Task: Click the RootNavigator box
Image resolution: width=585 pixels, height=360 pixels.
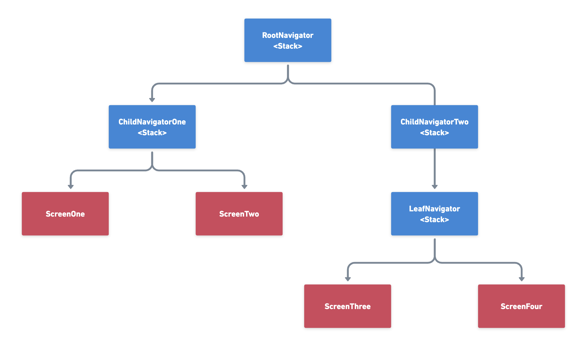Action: [288, 40]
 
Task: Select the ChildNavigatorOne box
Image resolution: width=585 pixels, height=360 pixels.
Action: [152, 127]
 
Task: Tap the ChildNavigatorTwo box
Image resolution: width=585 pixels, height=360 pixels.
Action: [434, 127]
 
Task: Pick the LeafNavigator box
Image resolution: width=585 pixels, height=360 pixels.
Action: [434, 214]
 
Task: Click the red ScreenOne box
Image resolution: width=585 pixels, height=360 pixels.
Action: [65, 214]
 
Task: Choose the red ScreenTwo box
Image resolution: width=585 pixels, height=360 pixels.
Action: [239, 214]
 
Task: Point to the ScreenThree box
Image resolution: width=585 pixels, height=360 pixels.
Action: [347, 306]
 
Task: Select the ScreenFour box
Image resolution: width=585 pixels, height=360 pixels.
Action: [521, 306]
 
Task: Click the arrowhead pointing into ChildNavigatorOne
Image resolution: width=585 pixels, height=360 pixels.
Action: [152, 100]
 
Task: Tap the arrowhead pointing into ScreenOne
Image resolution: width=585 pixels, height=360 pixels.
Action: [71, 187]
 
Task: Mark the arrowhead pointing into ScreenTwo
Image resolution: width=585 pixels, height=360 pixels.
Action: [244, 187]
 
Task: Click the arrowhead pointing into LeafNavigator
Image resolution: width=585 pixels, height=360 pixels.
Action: [434, 187]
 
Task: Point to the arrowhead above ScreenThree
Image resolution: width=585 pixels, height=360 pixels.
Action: [348, 279]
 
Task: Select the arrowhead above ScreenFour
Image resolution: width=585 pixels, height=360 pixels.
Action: [522, 279]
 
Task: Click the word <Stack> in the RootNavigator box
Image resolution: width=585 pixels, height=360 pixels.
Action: [288, 46]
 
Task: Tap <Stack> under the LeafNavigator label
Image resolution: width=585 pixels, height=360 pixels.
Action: [434, 220]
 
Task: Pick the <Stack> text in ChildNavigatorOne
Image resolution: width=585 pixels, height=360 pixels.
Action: [152, 133]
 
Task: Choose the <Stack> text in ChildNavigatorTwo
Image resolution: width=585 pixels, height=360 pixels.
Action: [434, 133]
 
